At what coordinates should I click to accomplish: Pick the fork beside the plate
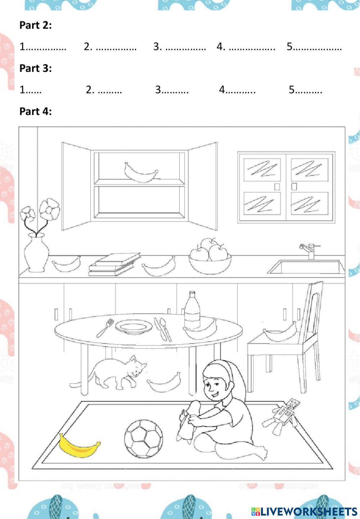coord(105,328)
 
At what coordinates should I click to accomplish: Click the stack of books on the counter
coord(114,264)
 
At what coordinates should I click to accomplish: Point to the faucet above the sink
coord(309,250)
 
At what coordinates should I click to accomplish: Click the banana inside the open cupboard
coord(141,173)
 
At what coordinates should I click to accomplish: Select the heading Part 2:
coord(35,25)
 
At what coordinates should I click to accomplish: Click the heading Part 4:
coord(35,111)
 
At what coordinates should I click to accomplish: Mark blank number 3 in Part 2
coord(185,47)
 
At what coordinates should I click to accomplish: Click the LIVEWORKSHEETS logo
coord(304,511)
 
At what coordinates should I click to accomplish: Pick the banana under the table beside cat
coord(164,383)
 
